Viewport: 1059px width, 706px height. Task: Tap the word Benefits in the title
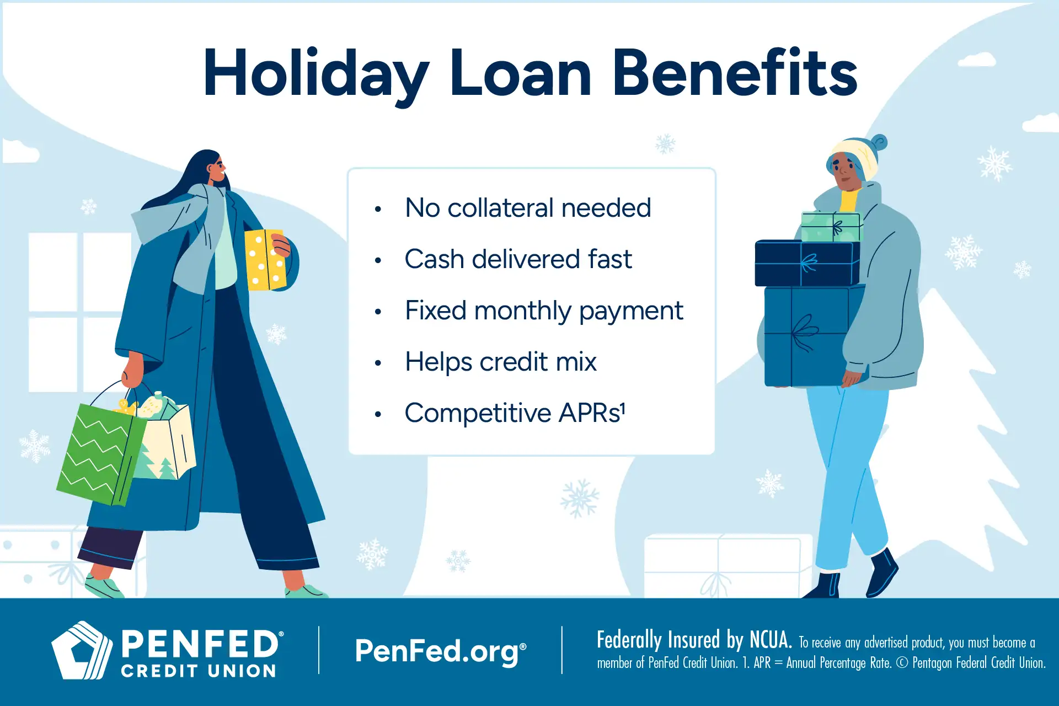pyautogui.click(x=735, y=73)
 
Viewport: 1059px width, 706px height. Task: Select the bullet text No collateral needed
pyautogui.click(x=528, y=208)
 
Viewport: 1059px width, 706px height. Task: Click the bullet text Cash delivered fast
pyautogui.click(x=518, y=259)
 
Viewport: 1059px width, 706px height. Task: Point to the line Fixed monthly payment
pyautogui.click(x=544, y=311)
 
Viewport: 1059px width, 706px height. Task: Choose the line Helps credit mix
pyautogui.click(x=500, y=362)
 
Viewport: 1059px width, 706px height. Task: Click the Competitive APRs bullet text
pyautogui.click(x=515, y=413)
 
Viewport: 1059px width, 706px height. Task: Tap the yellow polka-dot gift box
pyautogui.click(x=265, y=260)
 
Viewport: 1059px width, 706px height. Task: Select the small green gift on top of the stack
pyautogui.click(x=830, y=227)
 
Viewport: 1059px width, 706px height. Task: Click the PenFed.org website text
pyautogui.click(x=440, y=651)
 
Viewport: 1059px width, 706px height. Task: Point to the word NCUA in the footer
pyautogui.click(x=771, y=640)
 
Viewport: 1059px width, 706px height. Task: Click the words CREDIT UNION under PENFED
pyautogui.click(x=199, y=671)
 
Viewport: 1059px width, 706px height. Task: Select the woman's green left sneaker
pyautogui.click(x=105, y=587)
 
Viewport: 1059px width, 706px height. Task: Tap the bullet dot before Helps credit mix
pyautogui.click(x=378, y=363)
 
